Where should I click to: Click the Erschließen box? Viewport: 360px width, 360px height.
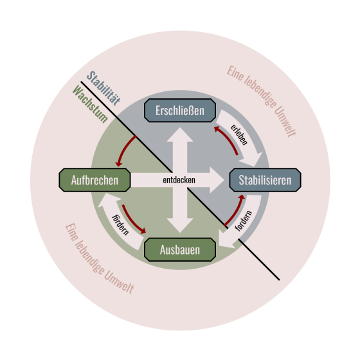tap(180, 111)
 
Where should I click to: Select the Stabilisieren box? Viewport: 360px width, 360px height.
tap(265, 180)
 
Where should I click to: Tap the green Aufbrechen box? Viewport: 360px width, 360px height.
tap(94, 180)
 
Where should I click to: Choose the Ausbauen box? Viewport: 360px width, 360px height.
tap(180, 249)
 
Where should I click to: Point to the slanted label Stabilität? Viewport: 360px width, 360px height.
tap(104, 88)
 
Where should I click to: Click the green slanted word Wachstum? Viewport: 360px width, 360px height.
tap(90, 104)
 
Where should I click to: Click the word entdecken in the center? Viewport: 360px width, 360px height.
tap(179, 180)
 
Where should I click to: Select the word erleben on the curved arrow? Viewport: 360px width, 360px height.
tap(239, 135)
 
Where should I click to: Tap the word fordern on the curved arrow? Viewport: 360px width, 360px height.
tap(244, 221)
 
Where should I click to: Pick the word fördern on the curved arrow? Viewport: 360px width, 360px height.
tap(120, 225)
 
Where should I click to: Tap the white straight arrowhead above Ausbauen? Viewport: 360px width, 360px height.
tap(180, 226)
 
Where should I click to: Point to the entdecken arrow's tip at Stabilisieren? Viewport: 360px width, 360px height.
tap(224, 180)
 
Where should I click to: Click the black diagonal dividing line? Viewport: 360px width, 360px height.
tap(180, 181)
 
